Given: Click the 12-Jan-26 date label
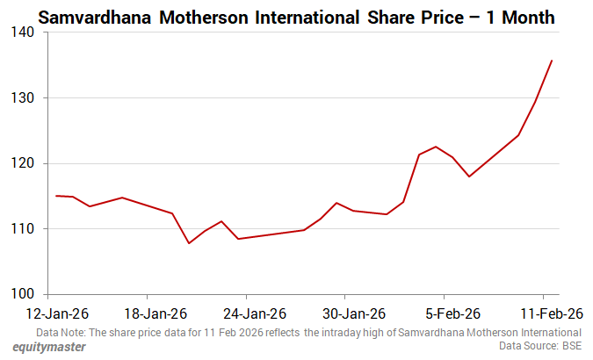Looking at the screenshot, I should [56, 313].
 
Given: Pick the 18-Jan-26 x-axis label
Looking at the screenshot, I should [155, 313].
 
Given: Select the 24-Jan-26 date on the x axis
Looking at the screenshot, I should [254, 313].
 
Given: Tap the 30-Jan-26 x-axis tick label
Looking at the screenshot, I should [353, 313].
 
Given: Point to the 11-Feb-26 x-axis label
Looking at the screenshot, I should [551, 313].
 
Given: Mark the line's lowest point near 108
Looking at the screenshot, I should [189, 243].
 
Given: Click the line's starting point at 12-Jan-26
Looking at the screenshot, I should [56, 196].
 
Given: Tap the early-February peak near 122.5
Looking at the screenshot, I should [436, 147].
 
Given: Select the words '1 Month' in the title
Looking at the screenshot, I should [533, 17].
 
